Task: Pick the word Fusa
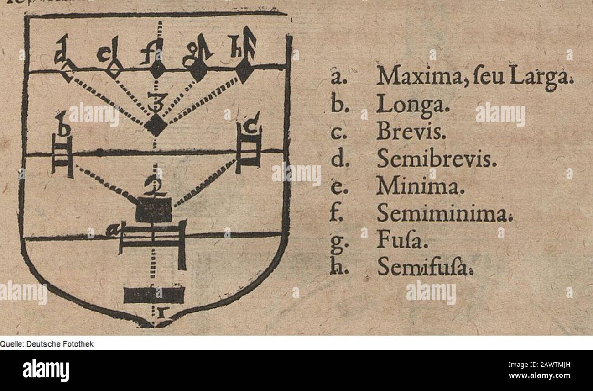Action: pos(402,240)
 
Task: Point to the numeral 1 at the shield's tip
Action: pos(161,313)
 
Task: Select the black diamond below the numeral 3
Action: pos(156,125)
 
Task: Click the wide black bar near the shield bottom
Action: pos(154,295)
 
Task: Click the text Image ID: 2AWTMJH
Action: pos(539,365)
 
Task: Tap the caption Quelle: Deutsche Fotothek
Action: pos(47,344)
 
